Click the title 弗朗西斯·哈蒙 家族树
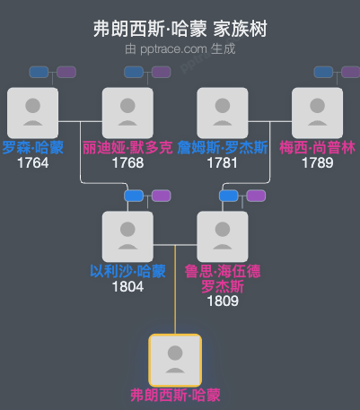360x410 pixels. pyautogui.click(x=180, y=29)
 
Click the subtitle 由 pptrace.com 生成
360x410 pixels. pyautogui.click(x=180, y=48)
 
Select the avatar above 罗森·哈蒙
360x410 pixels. pyautogui.click(x=32, y=112)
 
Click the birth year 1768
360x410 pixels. pyautogui.click(x=127, y=163)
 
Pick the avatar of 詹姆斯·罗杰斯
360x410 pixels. pyautogui.click(x=223, y=112)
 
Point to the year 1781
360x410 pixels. pyautogui.click(x=223, y=163)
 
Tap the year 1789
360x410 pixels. pyautogui.click(x=318, y=163)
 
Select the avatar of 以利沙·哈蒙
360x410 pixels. pyautogui.click(x=127, y=236)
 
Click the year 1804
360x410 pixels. pyautogui.click(x=127, y=287)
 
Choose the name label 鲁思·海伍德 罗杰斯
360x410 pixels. pyautogui.click(x=223, y=279)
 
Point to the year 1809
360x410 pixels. pyautogui.click(x=223, y=302)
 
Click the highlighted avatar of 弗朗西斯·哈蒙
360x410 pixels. pyautogui.click(x=175, y=360)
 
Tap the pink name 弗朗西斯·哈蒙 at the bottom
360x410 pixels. pyautogui.click(x=175, y=395)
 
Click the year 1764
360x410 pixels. pyautogui.click(x=32, y=163)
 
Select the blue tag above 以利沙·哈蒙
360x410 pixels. pyautogui.click(x=134, y=196)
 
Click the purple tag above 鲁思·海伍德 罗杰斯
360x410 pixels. pyautogui.click(x=256, y=196)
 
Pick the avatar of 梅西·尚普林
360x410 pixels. pyautogui.click(x=318, y=112)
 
